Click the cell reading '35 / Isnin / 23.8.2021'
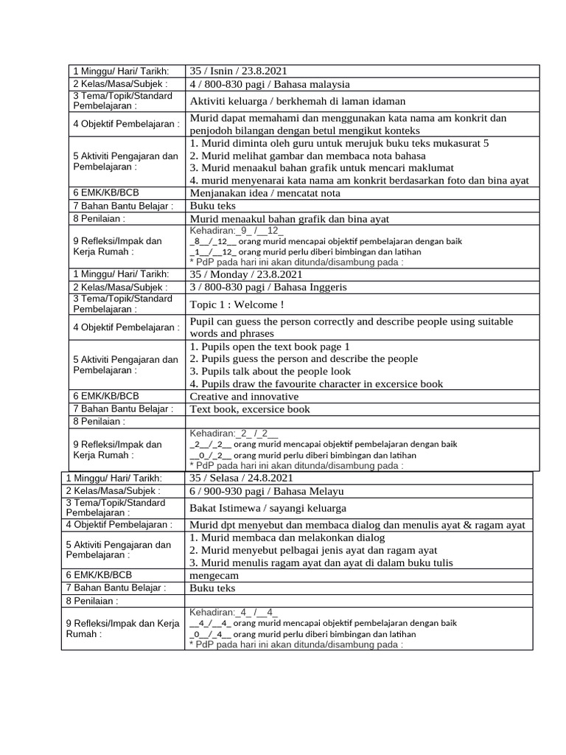click(238, 71)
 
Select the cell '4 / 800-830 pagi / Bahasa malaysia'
click(270, 84)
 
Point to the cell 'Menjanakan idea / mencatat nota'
click(265, 193)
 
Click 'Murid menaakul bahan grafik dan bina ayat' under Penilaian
click(289, 218)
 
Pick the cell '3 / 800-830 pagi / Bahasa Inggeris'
click(268, 287)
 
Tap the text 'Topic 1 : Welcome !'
click(237, 305)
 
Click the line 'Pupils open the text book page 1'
click(269, 347)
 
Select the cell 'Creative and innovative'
click(244, 397)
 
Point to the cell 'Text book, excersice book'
click(250, 409)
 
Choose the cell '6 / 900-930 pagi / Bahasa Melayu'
click(266, 491)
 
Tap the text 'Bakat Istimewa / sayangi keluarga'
click(268, 508)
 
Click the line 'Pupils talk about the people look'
click(270, 372)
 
